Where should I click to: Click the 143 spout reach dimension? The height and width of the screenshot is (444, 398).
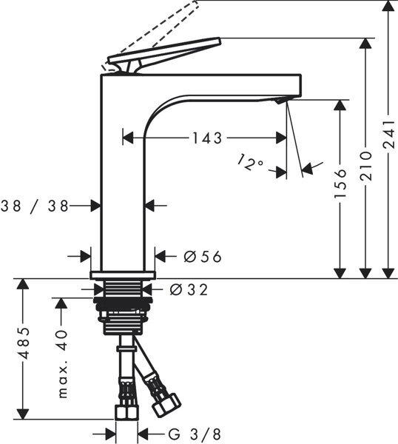point(206,138)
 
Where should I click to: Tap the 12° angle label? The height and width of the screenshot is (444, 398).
point(252,162)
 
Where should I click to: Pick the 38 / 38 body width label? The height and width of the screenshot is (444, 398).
point(34,206)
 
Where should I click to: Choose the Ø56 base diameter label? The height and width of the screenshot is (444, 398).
point(202,257)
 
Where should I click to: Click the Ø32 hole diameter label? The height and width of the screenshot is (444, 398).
point(189,289)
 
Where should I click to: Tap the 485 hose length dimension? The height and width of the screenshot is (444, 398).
point(24,343)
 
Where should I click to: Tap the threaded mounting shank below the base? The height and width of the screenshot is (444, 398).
point(124,307)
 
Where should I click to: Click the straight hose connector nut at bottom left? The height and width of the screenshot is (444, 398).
point(126,411)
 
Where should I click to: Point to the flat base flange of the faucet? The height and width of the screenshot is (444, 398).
point(124,275)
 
